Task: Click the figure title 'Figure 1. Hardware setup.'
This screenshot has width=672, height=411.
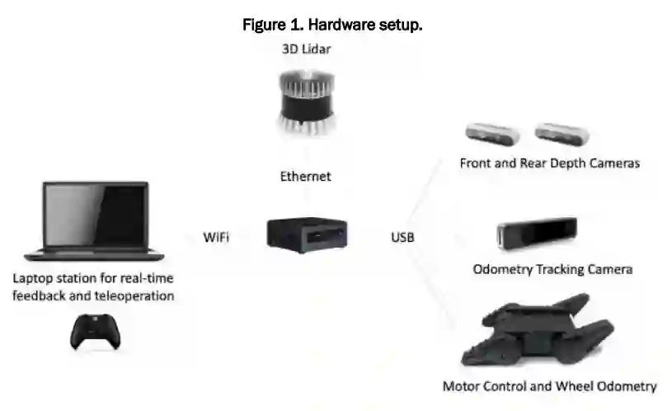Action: coord(332,26)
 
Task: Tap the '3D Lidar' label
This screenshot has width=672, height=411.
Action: coord(305,50)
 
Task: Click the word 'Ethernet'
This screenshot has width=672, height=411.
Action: coord(305,176)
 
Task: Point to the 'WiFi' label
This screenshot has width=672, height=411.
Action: coord(216,238)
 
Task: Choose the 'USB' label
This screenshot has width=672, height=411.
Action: coord(402,238)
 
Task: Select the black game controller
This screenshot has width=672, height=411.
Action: coord(96,331)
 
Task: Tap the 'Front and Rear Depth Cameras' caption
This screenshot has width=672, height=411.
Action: coord(549,163)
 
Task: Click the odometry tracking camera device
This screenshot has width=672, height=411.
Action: coord(537,233)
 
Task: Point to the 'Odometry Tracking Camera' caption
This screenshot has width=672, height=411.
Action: coord(552,269)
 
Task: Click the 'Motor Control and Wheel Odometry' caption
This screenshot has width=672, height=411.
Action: coord(549,385)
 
